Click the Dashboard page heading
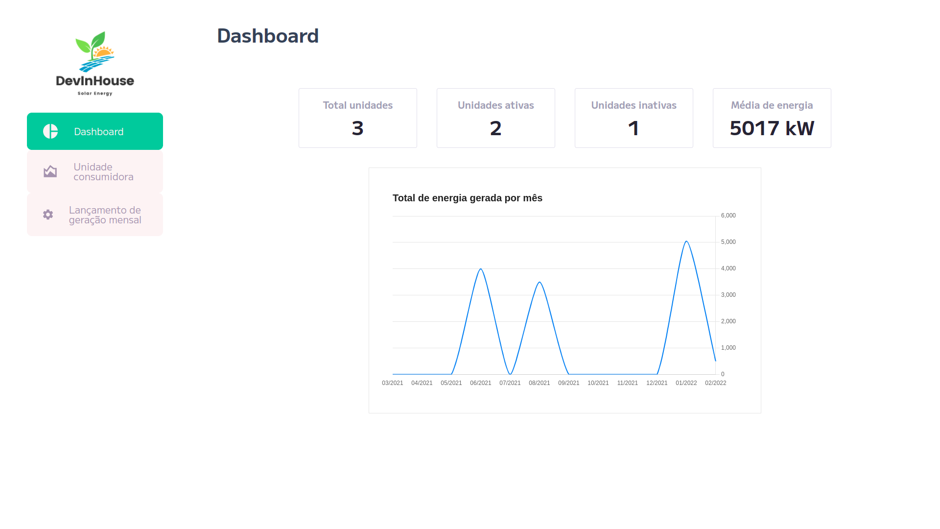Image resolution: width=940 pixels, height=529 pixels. (x=268, y=36)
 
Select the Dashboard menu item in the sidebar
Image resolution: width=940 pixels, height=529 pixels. (x=95, y=131)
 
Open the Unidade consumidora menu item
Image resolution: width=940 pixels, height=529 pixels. (x=95, y=172)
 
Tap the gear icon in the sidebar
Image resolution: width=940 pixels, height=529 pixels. (x=48, y=215)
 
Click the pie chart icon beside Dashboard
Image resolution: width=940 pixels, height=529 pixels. (x=50, y=131)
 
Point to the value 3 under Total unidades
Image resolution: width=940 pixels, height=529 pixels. (x=358, y=128)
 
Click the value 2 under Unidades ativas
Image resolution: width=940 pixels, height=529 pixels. (x=496, y=128)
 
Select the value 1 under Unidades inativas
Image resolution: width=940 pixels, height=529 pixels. (x=634, y=128)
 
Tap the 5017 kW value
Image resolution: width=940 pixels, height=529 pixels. (x=772, y=128)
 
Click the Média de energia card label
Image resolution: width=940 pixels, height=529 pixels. (x=772, y=105)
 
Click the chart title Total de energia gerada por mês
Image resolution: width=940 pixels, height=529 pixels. (x=468, y=198)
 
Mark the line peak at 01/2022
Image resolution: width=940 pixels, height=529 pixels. (x=686, y=241)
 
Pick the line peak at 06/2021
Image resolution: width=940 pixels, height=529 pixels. (x=481, y=269)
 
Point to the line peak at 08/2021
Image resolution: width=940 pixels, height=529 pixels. (x=540, y=282)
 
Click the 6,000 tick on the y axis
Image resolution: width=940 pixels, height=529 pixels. (x=728, y=216)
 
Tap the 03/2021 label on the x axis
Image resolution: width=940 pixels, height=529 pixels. (x=393, y=383)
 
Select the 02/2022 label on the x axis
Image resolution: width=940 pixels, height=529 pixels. (x=716, y=383)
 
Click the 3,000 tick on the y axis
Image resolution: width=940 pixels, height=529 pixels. (x=728, y=295)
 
